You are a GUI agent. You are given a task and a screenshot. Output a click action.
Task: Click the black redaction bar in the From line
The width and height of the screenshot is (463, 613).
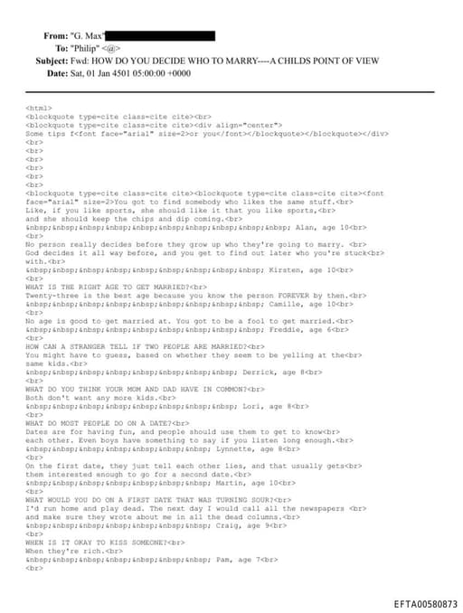pos(166,35)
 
